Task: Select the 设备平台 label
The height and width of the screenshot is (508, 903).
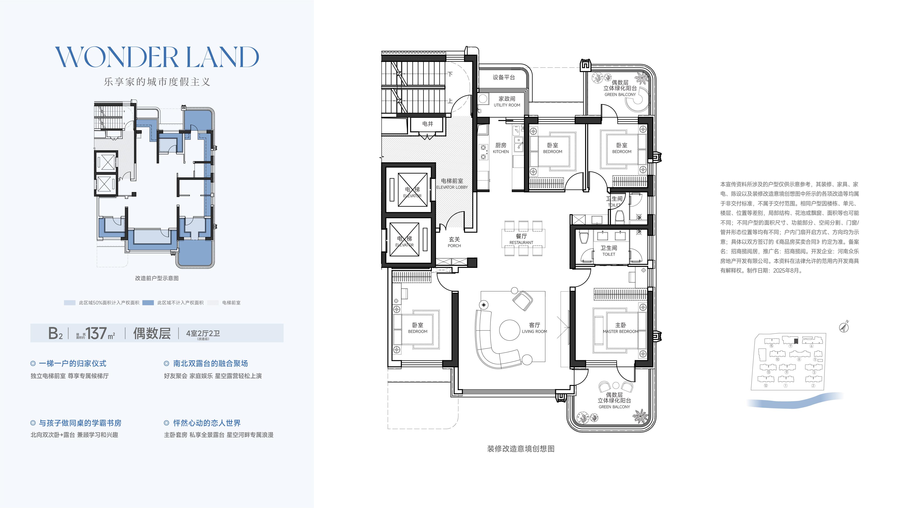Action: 504,77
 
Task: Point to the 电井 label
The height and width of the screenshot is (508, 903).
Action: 428,124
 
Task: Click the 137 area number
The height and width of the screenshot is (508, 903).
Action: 96,333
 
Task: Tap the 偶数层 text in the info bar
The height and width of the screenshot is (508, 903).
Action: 152,333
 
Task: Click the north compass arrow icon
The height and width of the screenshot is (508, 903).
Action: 844,327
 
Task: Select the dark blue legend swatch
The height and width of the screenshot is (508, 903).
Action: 148,303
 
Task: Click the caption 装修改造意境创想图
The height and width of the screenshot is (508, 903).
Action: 521,449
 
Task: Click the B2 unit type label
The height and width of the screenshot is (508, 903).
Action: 55,333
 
